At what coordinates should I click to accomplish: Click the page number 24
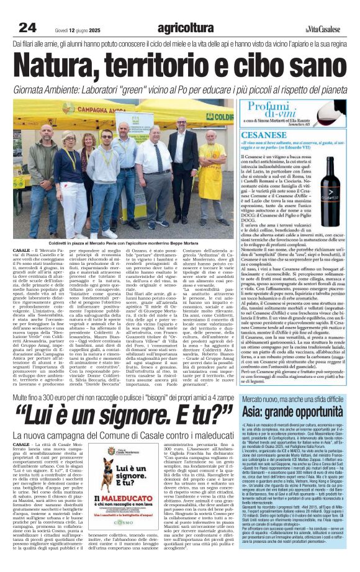click(27, 27)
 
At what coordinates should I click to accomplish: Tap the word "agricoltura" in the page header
click(186, 27)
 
